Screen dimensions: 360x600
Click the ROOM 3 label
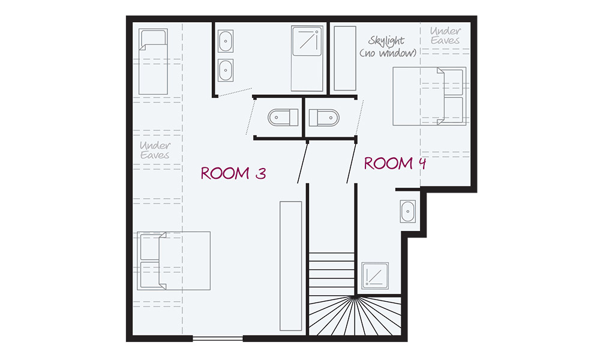(x=233, y=173)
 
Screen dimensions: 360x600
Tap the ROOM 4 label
(x=395, y=163)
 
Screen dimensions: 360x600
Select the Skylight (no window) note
(x=388, y=47)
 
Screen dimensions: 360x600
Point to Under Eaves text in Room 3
(x=155, y=150)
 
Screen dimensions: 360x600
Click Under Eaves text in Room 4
(x=445, y=35)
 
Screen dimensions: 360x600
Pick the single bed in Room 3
(x=153, y=63)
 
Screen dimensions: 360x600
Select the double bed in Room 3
(x=175, y=261)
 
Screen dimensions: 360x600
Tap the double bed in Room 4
(x=429, y=97)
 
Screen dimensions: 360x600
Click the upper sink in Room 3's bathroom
(x=226, y=42)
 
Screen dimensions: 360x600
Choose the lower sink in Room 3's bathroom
(x=226, y=70)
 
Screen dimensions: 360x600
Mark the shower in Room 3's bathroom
(x=307, y=58)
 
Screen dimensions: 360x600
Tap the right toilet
(x=322, y=116)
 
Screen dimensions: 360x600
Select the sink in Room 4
(x=408, y=211)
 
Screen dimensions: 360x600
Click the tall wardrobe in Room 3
(x=290, y=265)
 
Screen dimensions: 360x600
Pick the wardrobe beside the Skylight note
(x=344, y=58)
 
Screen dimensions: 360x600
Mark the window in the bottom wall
(x=218, y=339)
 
